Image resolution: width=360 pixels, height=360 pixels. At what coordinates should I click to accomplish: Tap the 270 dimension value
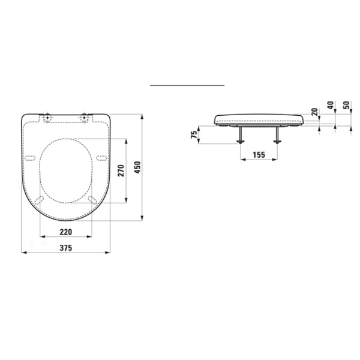point(120,170)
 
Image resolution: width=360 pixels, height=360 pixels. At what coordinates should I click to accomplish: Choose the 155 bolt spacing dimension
point(259,155)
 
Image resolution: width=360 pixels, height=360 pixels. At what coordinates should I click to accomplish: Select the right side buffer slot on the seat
point(101,157)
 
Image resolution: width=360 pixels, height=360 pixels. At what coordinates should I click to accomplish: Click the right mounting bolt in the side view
point(277,134)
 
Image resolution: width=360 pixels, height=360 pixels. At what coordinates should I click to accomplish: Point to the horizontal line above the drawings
point(187,86)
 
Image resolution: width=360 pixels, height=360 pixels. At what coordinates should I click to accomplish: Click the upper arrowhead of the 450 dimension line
point(142,116)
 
